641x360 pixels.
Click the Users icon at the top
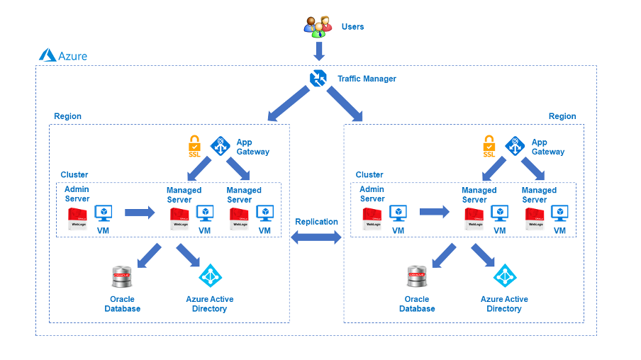coord(318,26)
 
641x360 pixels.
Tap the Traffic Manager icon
coord(318,79)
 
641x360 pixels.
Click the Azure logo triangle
coord(48,55)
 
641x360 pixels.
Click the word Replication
coord(317,222)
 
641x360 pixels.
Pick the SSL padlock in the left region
coord(194,146)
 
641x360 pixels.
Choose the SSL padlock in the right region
coord(489,146)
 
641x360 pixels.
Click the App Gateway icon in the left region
coord(221,146)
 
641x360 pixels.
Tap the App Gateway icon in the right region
coord(515,146)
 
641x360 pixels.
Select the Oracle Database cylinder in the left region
coord(123,277)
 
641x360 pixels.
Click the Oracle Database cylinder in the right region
coord(417,277)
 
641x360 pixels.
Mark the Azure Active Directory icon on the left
coord(210,276)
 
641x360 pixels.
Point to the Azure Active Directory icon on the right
coord(504,276)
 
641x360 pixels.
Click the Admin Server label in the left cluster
coord(77,194)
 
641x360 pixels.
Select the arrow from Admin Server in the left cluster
coord(140,211)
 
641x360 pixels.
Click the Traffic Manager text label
coord(367,79)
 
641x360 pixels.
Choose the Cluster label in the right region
coord(369,174)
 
